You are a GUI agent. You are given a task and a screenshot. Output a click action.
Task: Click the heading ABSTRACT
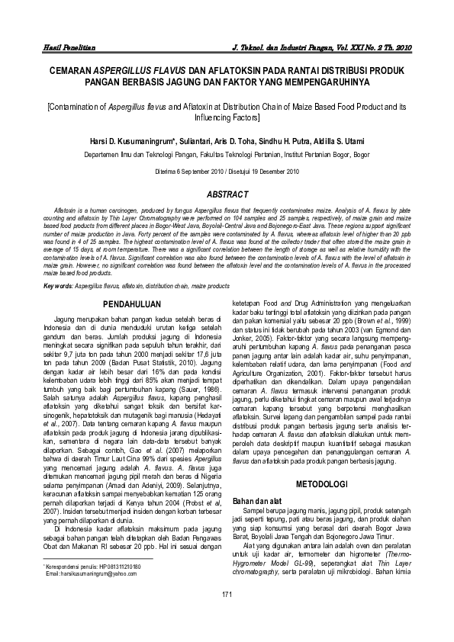point(227,194)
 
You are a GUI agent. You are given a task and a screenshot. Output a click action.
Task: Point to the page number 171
point(227,615)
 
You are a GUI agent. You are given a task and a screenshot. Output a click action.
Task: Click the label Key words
point(58,286)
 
